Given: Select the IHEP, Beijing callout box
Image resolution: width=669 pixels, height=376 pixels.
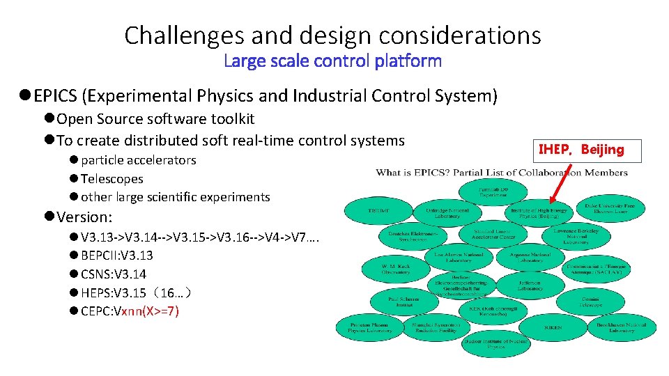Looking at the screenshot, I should pyautogui.click(x=581, y=149).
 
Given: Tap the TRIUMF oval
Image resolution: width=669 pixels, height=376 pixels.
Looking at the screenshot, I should pyautogui.click(x=378, y=210).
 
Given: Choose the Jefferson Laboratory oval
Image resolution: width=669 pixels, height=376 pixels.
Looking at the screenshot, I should pyautogui.click(x=530, y=285).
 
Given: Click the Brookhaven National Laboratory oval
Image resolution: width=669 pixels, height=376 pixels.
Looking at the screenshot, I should pyautogui.click(x=621, y=326).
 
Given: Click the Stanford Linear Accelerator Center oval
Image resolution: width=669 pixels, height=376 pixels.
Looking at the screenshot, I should pyautogui.click(x=496, y=235).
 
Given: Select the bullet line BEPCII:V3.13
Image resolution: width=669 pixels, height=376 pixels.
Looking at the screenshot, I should pyautogui.click(x=116, y=256).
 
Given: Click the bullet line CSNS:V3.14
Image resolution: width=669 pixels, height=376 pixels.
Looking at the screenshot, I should pyautogui.click(x=113, y=274).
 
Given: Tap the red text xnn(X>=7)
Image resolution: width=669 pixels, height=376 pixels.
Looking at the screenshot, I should pyautogui.click(x=150, y=311).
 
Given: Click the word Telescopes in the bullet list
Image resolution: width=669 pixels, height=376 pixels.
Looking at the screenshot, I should pyautogui.click(x=111, y=179).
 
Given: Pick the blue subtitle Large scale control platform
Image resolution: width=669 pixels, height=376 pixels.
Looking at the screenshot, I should pyautogui.click(x=333, y=61).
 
